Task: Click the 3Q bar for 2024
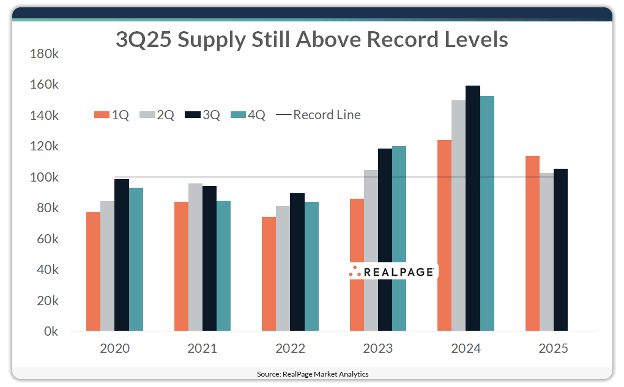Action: [x=473, y=208]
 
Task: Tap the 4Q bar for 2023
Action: [x=399, y=238]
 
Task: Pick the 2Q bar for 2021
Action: [x=195, y=257]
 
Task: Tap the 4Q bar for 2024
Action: [x=487, y=213]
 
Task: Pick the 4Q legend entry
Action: [x=248, y=115]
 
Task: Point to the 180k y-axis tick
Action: [x=44, y=54]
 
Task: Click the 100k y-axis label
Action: [x=44, y=177]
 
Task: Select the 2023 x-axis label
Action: [x=378, y=349]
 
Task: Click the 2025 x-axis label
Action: [x=553, y=349]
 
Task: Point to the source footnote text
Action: [x=312, y=374]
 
